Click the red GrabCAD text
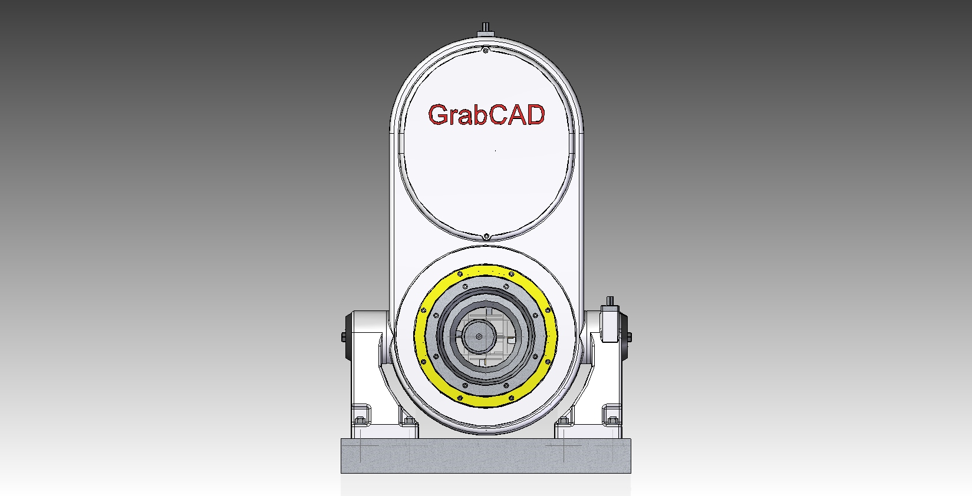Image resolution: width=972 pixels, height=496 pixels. click(x=486, y=115)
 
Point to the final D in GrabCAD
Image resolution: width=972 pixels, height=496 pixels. click(x=535, y=115)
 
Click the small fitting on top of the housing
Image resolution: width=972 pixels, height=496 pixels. click(x=486, y=30)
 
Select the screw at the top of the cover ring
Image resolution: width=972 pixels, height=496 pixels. click(x=486, y=51)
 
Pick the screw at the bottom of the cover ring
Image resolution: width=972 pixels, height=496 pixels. click(x=486, y=236)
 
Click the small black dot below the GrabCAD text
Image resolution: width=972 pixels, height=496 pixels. click(x=496, y=150)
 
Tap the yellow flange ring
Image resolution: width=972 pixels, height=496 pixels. click(x=486, y=270)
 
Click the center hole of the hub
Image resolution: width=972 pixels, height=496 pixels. click(x=479, y=337)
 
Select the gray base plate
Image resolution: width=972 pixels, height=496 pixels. click(x=486, y=456)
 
